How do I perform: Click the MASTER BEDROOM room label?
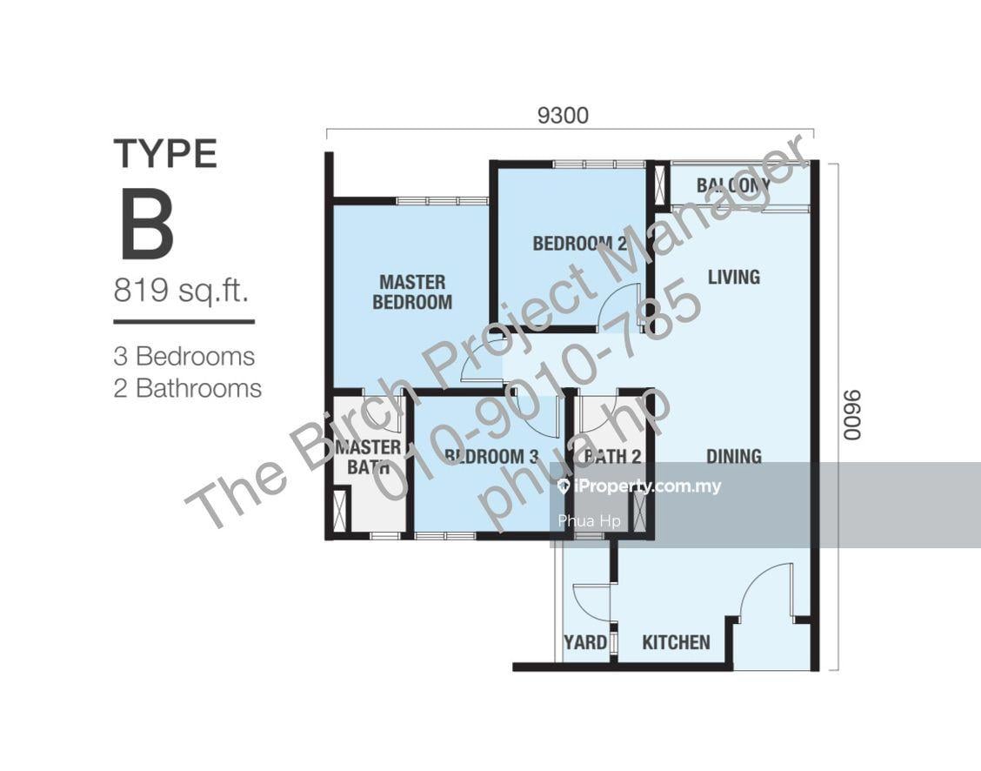pyautogui.click(x=412, y=292)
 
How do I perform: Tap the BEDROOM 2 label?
pyautogui.click(x=579, y=243)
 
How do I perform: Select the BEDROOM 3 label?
pyautogui.click(x=491, y=456)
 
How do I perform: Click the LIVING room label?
pyautogui.click(x=734, y=277)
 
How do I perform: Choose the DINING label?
pyautogui.click(x=734, y=456)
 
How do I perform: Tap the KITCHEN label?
pyautogui.click(x=677, y=642)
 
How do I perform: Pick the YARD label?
pyautogui.click(x=585, y=642)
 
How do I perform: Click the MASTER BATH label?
pyautogui.click(x=368, y=457)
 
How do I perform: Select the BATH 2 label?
pyautogui.click(x=612, y=456)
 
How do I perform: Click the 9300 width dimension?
pyautogui.click(x=563, y=116)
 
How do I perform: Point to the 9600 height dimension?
pyautogui.click(x=851, y=416)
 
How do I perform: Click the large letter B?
pyautogui.click(x=147, y=225)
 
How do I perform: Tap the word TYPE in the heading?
pyautogui.click(x=165, y=154)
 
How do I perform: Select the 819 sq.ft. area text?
pyautogui.click(x=182, y=291)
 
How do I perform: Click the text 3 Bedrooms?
pyautogui.click(x=184, y=357)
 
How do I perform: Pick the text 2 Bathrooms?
pyautogui.click(x=188, y=389)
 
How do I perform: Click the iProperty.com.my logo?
pyautogui.click(x=639, y=486)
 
